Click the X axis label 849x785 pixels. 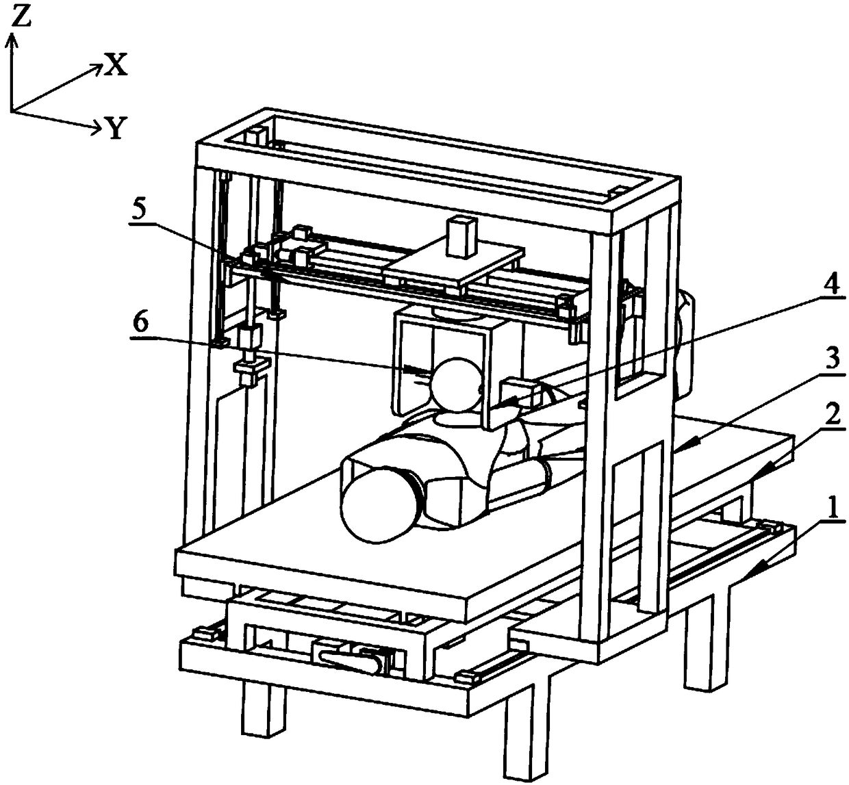pyautogui.click(x=116, y=65)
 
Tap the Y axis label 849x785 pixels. pyautogui.click(x=116, y=128)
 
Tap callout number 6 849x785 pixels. pyautogui.click(x=139, y=323)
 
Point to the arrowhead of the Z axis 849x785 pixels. pyautogui.click(x=11, y=42)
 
